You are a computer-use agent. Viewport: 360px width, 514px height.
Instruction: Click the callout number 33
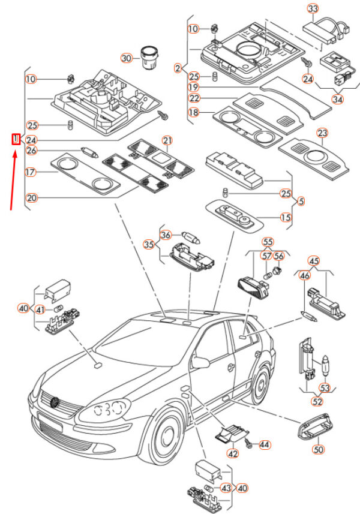313,8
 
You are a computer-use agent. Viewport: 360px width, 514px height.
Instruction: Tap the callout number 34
338,99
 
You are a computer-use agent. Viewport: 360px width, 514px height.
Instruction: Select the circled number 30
126,58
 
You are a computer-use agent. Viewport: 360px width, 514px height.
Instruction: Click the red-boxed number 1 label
16,140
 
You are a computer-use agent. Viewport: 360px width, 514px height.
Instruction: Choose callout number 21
167,140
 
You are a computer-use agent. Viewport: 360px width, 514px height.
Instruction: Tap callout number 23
323,133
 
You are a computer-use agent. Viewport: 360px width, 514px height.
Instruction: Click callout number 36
166,235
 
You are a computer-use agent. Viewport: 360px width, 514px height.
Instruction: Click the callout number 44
265,444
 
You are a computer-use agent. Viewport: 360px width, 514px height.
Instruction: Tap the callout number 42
232,454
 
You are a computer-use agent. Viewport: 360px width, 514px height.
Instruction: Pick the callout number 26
31,150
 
